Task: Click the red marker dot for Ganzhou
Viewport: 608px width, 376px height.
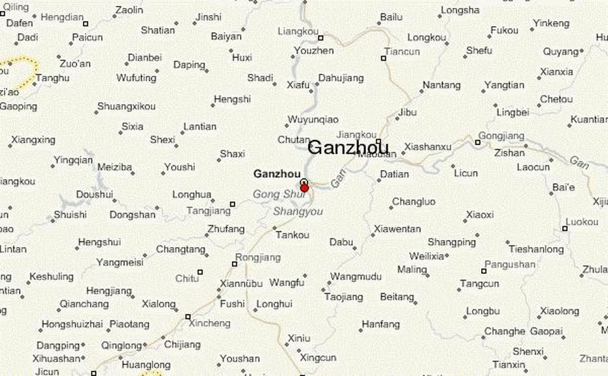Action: (304, 188)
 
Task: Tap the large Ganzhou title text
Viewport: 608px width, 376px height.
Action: (348, 148)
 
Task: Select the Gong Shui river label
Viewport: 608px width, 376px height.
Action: (279, 194)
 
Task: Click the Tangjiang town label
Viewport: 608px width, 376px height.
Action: (209, 211)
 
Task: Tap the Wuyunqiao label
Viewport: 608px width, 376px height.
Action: (313, 120)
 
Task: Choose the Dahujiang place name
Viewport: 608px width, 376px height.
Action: (341, 78)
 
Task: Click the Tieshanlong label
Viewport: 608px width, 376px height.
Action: (536, 249)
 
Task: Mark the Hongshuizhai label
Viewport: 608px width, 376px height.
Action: (72, 324)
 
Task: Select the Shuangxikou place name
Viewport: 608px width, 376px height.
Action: (126, 106)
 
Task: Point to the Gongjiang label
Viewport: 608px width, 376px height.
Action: (501, 136)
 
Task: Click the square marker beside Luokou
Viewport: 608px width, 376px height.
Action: (565, 228)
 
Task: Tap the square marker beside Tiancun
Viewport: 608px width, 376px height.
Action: (384, 58)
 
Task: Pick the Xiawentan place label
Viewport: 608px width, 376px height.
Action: (397, 229)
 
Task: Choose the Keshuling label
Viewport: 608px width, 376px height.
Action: (52, 276)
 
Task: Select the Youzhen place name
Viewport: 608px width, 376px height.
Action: (314, 50)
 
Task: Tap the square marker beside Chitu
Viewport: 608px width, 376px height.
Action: (200, 271)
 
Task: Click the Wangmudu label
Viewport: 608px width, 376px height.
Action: (356, 277)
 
